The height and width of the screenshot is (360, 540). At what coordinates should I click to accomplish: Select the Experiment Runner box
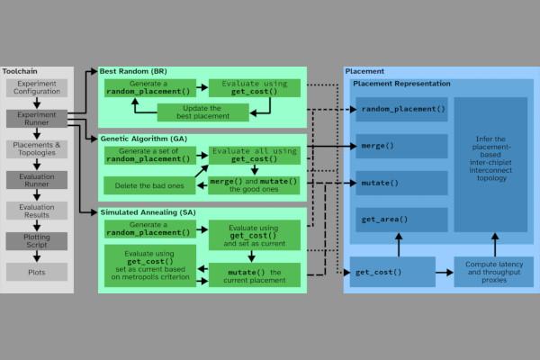coord(37,120)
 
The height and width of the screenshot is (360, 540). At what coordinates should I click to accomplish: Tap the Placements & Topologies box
coord(37,149)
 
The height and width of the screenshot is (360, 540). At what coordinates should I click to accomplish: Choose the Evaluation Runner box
coord(37,180)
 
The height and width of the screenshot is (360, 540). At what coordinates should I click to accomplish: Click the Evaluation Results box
coord(37,211)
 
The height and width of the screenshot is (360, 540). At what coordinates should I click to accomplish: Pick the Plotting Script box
coord(37,241)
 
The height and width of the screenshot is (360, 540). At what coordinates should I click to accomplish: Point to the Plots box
coord(37,271)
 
